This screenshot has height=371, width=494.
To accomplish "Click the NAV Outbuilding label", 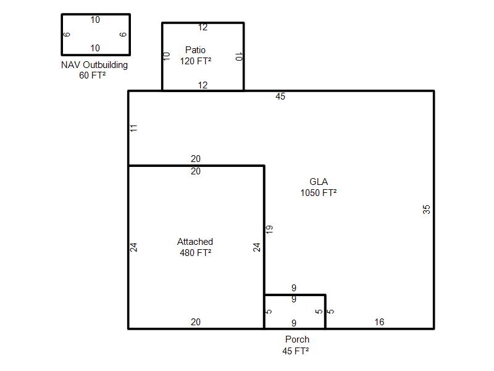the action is pyautogui.click(x=94, y=65).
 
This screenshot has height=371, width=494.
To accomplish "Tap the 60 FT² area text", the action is pyautogui.click(x=92, y=75).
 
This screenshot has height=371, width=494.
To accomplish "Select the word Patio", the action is pyautogui.click(x=195, y=50).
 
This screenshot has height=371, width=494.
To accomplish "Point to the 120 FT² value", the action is pyautogui.click(x=196, y=61).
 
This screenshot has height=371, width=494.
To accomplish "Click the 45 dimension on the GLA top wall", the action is pyautogui.click(x=280, y=96).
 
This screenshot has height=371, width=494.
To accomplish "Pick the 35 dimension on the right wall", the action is pyautogui.click(x=426, y=210).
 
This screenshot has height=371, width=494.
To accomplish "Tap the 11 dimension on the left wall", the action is pyautogui.click(x=133, y=128).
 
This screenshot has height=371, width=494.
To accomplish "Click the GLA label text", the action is pyautogui.click(x=319, y=182).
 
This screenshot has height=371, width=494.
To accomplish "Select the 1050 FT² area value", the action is pyautogui.click(x=319, y=193).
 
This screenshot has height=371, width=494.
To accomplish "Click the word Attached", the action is pyautogui.click(x=195, y=242).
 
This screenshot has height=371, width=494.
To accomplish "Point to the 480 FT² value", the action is pyautogui.click(x=196, y=253).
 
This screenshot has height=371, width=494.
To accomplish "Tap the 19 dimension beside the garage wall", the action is pyautogui.click(x=269, y=229).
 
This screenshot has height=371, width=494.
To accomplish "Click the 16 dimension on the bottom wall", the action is pyautogui.click(x=379, y=322).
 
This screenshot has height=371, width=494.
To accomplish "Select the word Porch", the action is pyautogui.click(x=297, y=339).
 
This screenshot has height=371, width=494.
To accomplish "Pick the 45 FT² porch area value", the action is pyautogui.click(x=296, y=351).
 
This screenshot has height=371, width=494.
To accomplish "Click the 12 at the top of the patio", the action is pyautogui.click(x=203, y=27).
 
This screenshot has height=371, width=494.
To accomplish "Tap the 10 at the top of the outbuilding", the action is pyautogui.click(x=95, y=20).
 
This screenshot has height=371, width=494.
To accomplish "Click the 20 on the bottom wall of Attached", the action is pyautogui.click(x=196, y=322).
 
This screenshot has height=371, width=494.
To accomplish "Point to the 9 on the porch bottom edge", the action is pyautogui.click(x=294, y=323).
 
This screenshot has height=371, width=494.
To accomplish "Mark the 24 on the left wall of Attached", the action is pyautogui.click(x=133, y=247).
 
